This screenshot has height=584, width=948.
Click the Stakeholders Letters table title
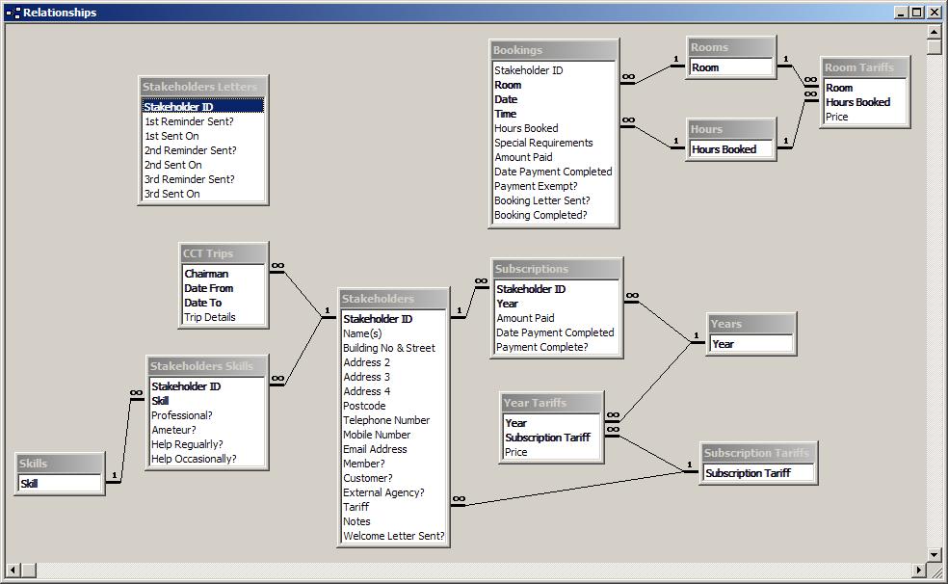coord(199,87)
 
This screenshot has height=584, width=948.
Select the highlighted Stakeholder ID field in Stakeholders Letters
coord(178,106)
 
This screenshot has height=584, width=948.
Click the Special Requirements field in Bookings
coord(543,143)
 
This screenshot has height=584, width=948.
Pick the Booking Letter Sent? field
coord(541,200)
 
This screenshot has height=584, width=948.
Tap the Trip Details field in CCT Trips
coord(210,317)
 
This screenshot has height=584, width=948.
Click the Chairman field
coord(206,274)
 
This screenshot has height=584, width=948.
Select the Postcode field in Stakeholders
coord(364,406)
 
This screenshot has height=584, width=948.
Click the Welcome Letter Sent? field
coord(394,536)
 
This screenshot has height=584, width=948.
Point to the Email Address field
coord(375,449)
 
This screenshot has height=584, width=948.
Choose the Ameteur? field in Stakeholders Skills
coord(173,430)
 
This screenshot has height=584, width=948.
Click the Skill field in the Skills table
coord(29,484)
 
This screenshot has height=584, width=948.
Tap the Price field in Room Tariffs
coord(837,117)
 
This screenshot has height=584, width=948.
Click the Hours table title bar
coord(731,129)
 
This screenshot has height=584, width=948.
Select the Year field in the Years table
coord(723,344)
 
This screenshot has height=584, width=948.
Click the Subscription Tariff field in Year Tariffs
coord(547,438)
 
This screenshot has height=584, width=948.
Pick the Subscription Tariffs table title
coord(755,453)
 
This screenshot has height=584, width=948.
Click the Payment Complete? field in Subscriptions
coord(541,347)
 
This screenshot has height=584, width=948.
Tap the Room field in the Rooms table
coord(705,67)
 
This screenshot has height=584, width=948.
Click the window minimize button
coord(902,13)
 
